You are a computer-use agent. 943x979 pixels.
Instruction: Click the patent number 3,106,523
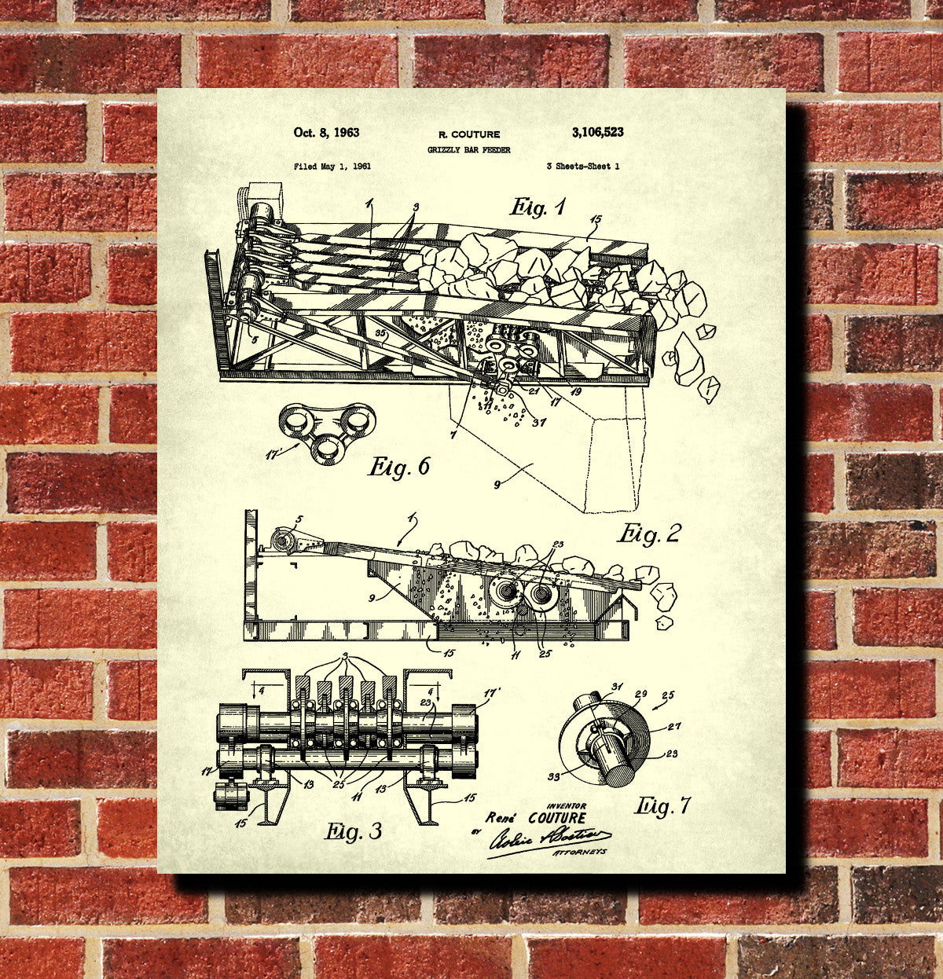[597, 133]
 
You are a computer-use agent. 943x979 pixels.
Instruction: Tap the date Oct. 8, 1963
[326, 133]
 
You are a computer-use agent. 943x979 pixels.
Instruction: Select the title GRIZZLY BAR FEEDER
[468, 149]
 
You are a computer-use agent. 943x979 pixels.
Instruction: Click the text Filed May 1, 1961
[332, 167]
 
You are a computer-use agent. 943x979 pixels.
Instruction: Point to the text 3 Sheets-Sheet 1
[582, 167]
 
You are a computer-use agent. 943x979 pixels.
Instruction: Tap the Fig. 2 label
[648, 534]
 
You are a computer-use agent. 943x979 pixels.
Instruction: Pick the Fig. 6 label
[399, 467]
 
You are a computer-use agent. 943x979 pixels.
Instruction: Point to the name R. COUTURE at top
[468, 134]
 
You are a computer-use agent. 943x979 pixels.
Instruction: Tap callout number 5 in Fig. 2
[298, 519]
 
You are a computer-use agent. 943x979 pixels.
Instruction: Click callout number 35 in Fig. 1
[381, 334]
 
